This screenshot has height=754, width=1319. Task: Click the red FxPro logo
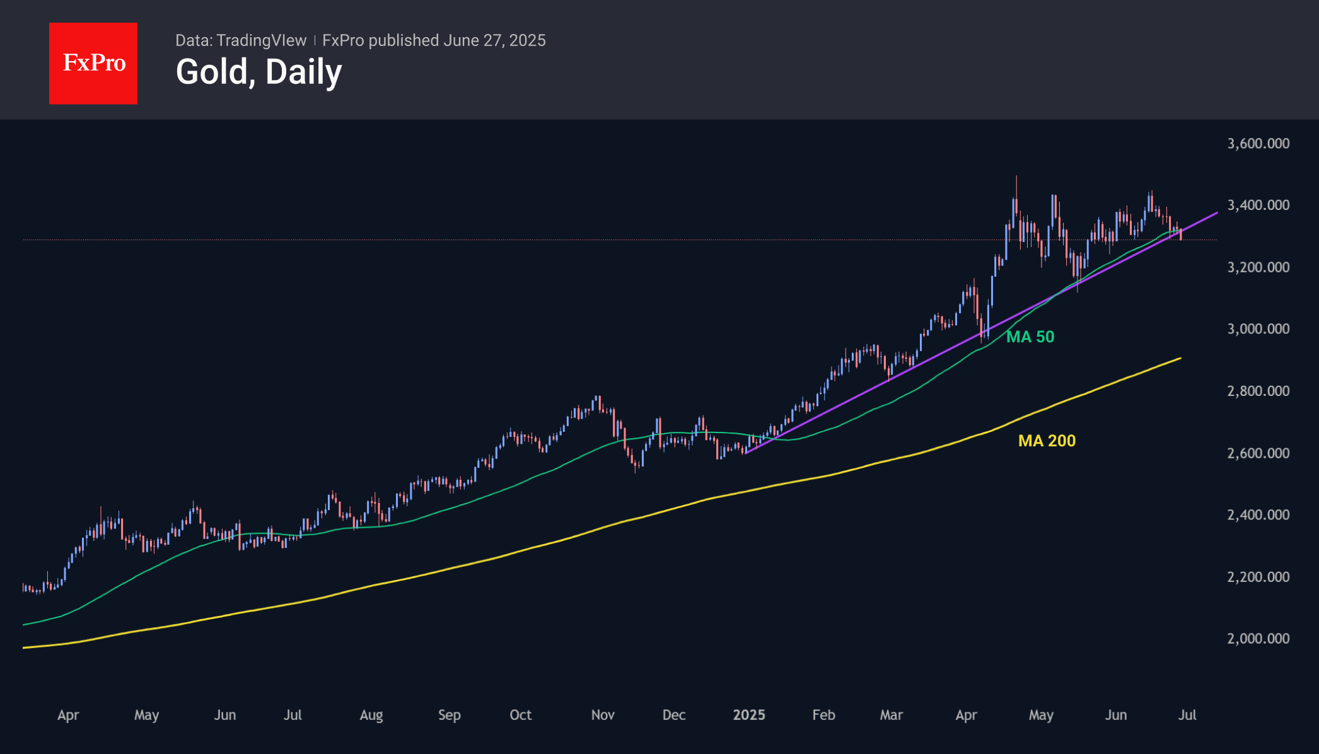pos(93,63)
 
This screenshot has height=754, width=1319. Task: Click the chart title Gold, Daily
pos(259,72)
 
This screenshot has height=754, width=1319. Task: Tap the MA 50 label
pos(1030,337)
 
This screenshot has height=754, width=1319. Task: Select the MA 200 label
pos(1047,441)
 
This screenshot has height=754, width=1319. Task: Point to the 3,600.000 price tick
pos(1258,144)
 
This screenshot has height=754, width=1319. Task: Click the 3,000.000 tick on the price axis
pos(1258,329)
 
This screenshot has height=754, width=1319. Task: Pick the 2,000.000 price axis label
pos(1258,639)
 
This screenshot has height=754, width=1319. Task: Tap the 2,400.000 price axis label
pos(1258,515)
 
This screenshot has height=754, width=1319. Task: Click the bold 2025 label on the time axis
pos(749,715)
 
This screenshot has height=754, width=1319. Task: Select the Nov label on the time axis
pos(603,715)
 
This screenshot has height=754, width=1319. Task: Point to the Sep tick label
pos(450,715)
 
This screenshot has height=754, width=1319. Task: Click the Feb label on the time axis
pos(823,715)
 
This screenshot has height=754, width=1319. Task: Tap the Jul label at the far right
pos(1187,715)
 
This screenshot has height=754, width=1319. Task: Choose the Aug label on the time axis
pos(371,715)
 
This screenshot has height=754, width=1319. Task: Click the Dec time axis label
pos(674,715)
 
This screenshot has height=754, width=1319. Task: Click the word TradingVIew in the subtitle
pos(261,40)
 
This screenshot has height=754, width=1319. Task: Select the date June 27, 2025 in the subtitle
pos(494,40)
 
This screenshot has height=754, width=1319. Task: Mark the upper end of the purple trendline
pos(1216,214)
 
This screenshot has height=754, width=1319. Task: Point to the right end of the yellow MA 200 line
pos(1180,359)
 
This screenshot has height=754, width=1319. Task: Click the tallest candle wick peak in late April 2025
pos(1016,177)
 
